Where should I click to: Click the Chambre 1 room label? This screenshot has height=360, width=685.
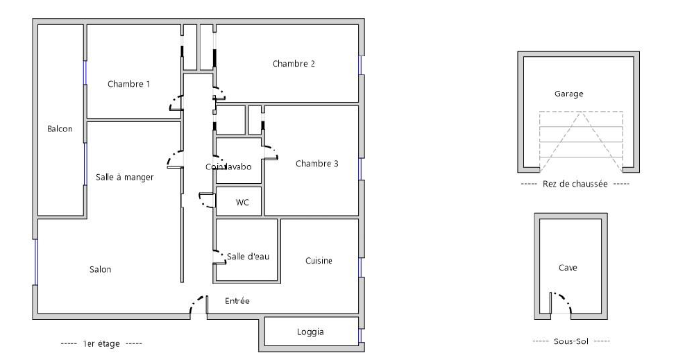pos(129,84)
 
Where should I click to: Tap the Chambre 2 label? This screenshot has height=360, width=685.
pos(294,64)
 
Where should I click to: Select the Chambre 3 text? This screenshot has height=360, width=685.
pos(316,164)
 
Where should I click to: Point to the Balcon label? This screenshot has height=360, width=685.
pos(60,129)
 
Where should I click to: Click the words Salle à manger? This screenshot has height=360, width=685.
pos(124,177)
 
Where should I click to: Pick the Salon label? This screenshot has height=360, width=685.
pos(101,270)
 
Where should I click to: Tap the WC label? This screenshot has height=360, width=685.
pos(242,203)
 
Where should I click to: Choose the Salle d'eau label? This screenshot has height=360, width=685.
pos(248,257)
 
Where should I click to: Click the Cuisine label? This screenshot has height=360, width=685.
pos(319,261)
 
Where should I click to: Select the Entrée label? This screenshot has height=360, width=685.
pos(237,300)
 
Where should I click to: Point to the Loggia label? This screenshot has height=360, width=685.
pos(310,332)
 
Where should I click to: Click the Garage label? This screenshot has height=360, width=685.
pos(569,94)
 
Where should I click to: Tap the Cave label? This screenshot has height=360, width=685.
pos(568,268)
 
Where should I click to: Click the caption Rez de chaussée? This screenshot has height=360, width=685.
pos(575,184)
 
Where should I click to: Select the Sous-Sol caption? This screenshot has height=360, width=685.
pos(571,341)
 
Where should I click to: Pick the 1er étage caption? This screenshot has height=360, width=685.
pos(101,344)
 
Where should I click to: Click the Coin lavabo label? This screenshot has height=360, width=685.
pos(228,166)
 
